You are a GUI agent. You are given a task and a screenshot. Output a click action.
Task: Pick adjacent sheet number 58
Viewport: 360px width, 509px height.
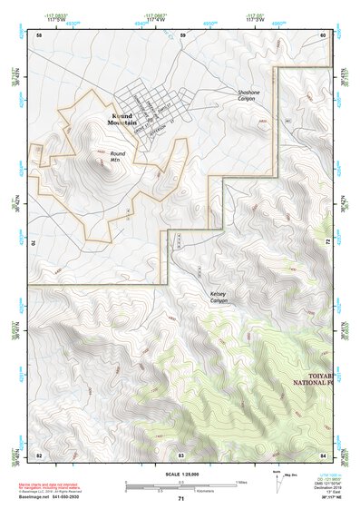coord(39,34)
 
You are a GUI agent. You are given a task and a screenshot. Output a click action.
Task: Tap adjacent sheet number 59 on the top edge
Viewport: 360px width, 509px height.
coord(181,34)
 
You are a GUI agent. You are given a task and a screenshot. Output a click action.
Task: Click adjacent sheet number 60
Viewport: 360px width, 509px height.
coord(322,34)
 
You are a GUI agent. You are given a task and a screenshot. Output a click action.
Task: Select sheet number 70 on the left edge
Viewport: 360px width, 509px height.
coord(34,242)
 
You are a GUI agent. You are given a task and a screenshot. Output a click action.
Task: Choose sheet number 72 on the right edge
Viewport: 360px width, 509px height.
coord(327,242)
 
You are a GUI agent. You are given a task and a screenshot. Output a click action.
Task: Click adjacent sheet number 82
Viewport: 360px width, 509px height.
coord(39,454)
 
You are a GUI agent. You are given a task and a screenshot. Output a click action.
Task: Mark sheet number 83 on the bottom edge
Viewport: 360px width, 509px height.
coord(181,454)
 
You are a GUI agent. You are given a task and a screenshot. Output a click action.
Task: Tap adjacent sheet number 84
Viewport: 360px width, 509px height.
coord(322,454)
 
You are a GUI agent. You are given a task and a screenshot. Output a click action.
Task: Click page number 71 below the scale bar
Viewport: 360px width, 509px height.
coord(180,498)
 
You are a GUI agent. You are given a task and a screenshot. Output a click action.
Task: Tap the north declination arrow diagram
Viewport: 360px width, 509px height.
coord(278,481)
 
